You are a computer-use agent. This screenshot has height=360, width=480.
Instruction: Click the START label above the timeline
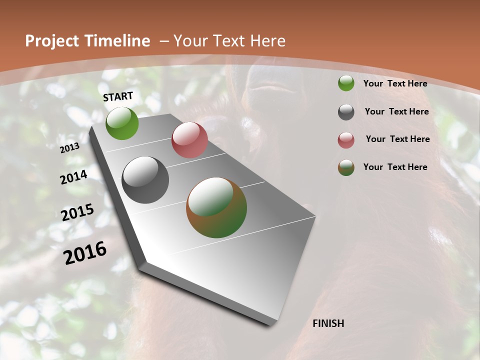pyautogui.click(x=118, y=96)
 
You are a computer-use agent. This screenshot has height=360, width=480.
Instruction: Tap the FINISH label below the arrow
pyautogui.click(x=328, y=323)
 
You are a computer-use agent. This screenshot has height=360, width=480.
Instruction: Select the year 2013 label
pyautogui.click(x=69, y=147)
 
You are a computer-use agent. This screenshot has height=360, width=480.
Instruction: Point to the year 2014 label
pyautogui.click(x=73, y=177)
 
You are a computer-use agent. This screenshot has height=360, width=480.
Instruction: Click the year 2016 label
pyautogui.click(x=85, y=253)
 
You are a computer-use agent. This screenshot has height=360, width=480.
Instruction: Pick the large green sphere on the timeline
pyautogui.click(x=122, y=123)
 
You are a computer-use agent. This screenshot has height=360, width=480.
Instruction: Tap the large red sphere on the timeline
pyautogui.click(x=189, y=140)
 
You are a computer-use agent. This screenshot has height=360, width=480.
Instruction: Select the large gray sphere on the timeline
pyautogui.click(x=145, y=180)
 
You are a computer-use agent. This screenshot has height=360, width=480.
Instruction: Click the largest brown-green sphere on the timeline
pyautogui.click(x=216, y=207)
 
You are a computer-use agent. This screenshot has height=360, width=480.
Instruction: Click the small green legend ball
pyautogui.click(x=346, y=83)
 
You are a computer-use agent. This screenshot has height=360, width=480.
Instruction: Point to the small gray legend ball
pyautogui.click(x=346, y=112)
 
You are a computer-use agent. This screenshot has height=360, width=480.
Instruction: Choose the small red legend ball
pyautogui.click(x=346, y=140)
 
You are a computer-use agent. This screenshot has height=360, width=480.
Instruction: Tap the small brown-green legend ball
pyautogui.click(x=346, y=167)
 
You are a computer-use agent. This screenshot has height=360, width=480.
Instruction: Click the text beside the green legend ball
pyautogui.click(x=395, y=84)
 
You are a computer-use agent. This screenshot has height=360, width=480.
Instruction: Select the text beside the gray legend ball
pyautogui.click(x=396, y=111)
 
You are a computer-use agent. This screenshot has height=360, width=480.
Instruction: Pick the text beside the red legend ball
pyautogui.click(x=397, y=139)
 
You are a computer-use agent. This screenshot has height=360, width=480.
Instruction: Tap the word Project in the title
pyautogui.click(x=52, y=41)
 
